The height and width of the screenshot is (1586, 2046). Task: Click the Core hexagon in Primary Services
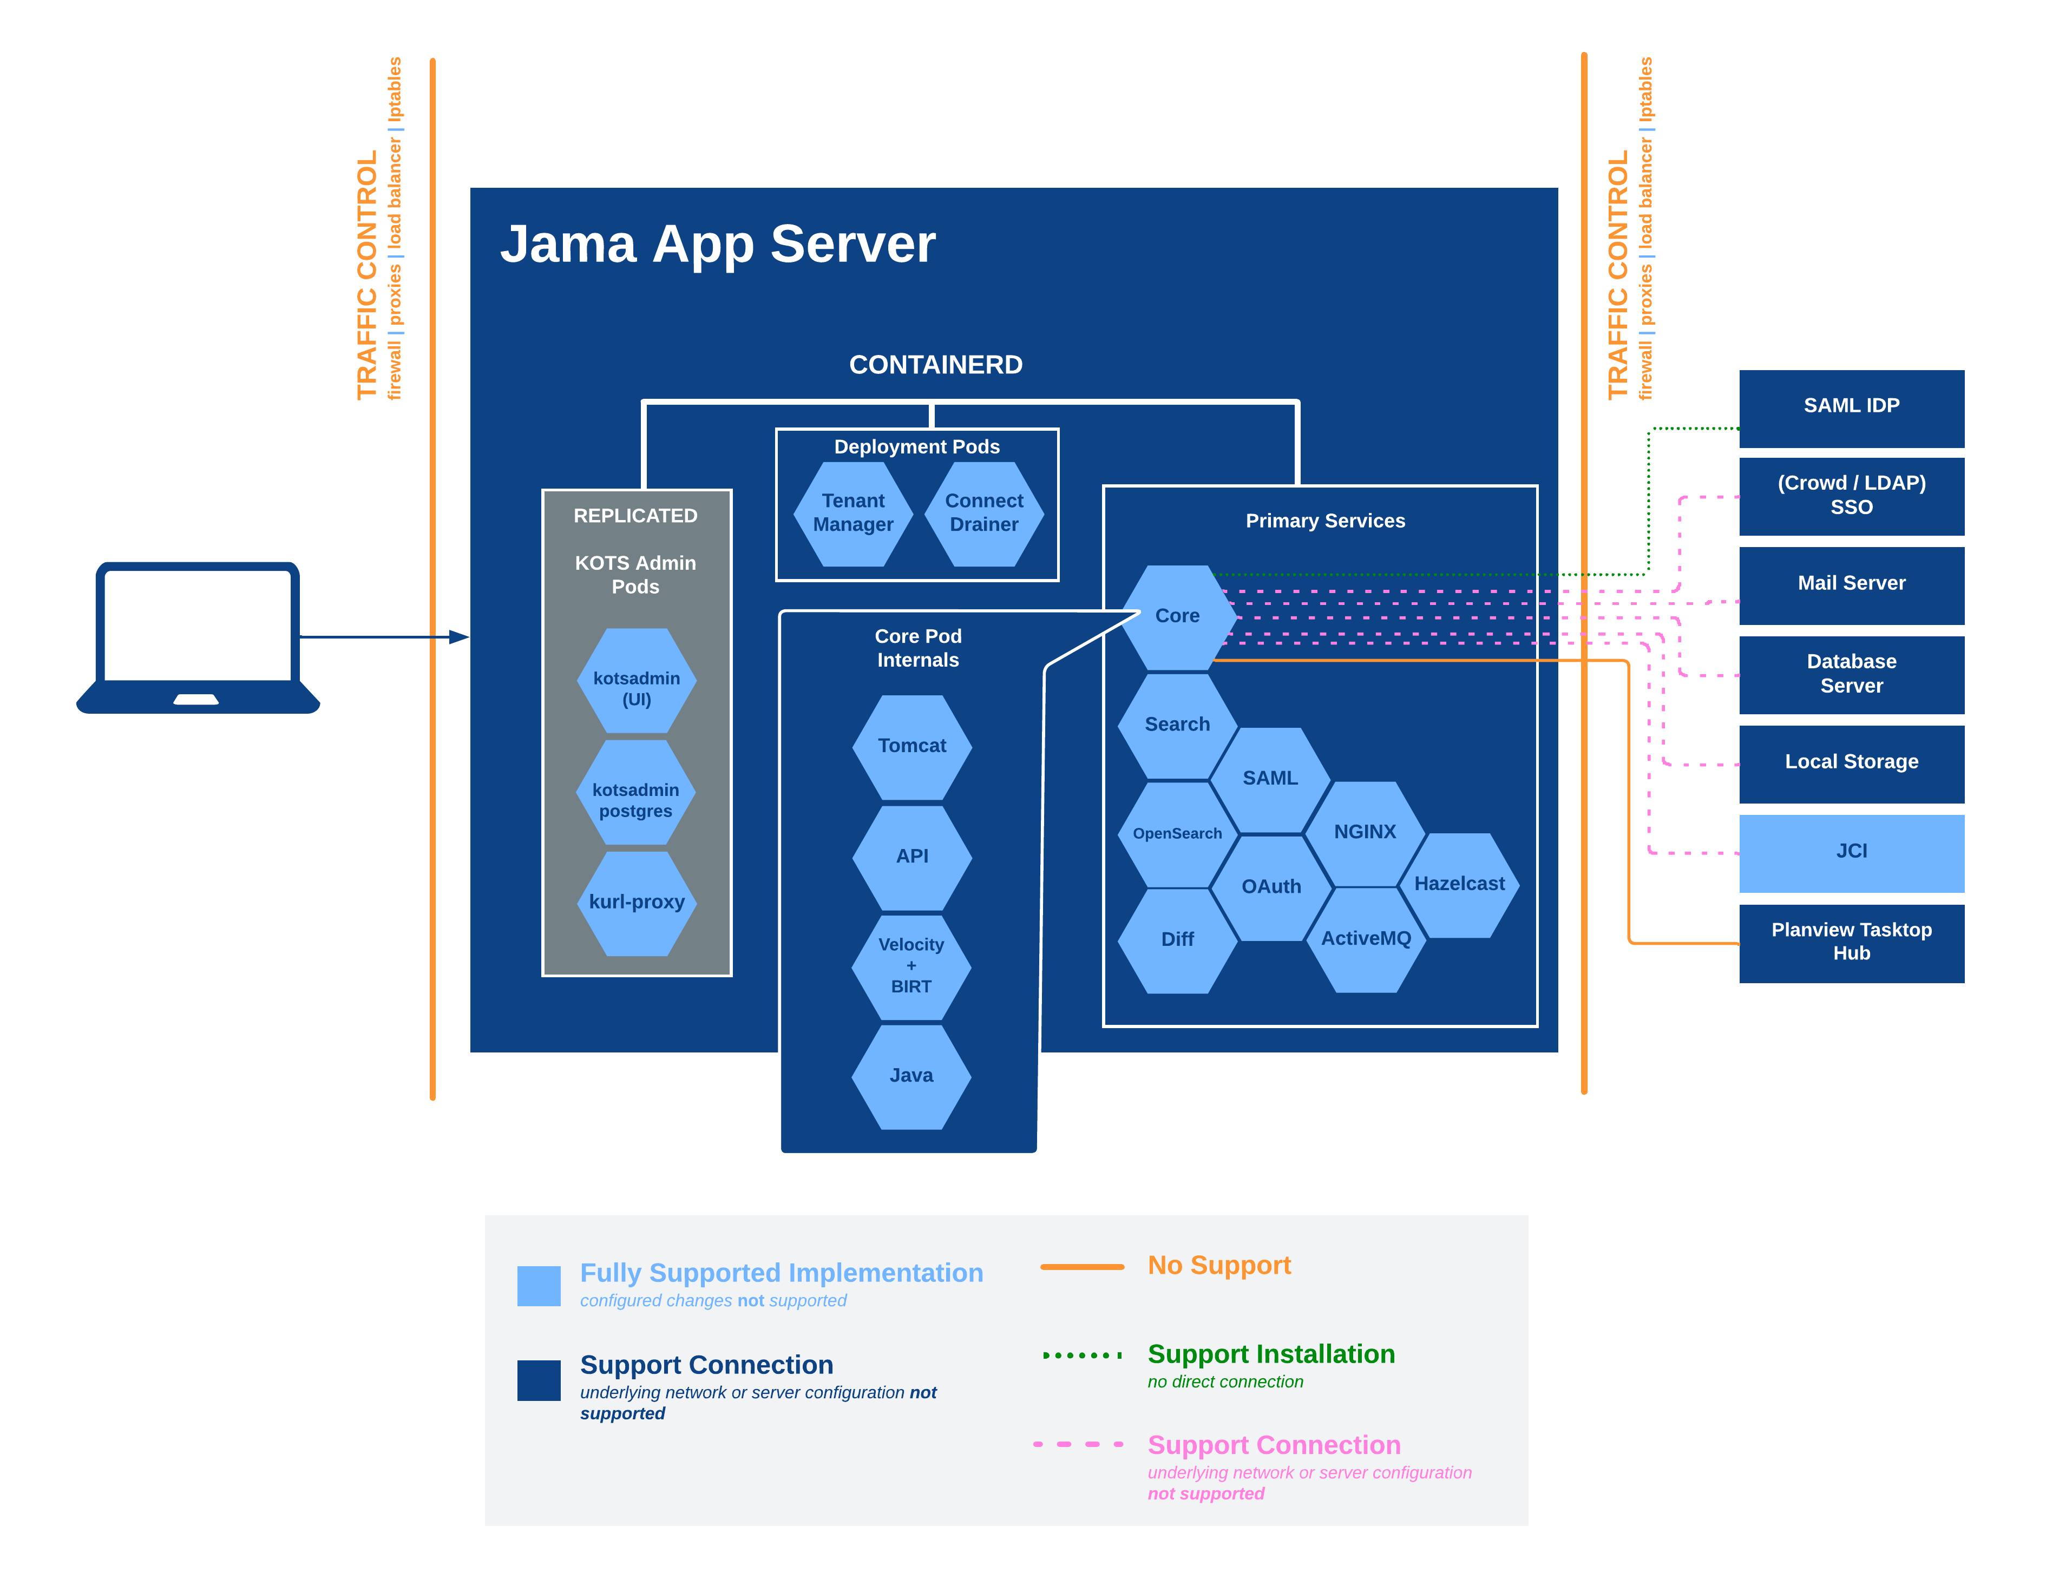tap(1178, 616)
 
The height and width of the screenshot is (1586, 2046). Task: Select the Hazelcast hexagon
tap(1459, 884)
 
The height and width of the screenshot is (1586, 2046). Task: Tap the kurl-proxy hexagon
tap(637, 902)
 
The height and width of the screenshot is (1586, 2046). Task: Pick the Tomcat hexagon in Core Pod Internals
tap(911, 747)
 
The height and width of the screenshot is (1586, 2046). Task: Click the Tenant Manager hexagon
tap(852, 514)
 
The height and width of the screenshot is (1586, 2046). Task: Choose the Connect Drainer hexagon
tap(983, 514)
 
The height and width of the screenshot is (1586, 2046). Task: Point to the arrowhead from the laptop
tap(459, 637)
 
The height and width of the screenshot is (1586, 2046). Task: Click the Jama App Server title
tap(718, 245)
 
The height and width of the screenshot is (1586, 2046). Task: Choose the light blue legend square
tap(539, 1285)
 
